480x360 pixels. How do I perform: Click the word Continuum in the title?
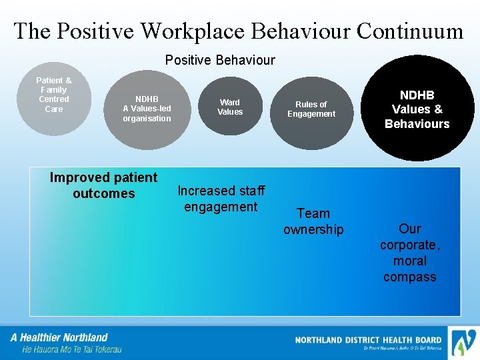(409, 31)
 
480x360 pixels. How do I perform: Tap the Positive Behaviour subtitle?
(220, 61)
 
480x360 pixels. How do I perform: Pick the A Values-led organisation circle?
(147, 109)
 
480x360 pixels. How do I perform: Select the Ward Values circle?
(230, 107)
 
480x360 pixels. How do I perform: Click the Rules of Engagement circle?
(311, 109)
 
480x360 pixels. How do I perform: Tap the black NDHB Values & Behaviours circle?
(417, 109)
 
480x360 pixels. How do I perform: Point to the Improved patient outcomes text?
(103, 185)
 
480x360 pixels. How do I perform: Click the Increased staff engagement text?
(221, 199)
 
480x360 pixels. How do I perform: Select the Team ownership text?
(313, 221)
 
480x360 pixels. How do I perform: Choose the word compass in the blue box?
(409, 277)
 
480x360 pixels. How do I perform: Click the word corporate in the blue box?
(409, 245)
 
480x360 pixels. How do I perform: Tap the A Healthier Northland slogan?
(59, 337)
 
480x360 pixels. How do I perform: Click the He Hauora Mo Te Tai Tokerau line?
(71, 349)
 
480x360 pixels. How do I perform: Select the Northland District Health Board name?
(368, 340)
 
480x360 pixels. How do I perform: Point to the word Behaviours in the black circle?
(417, 124)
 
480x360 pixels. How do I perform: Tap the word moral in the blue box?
(409, 261)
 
